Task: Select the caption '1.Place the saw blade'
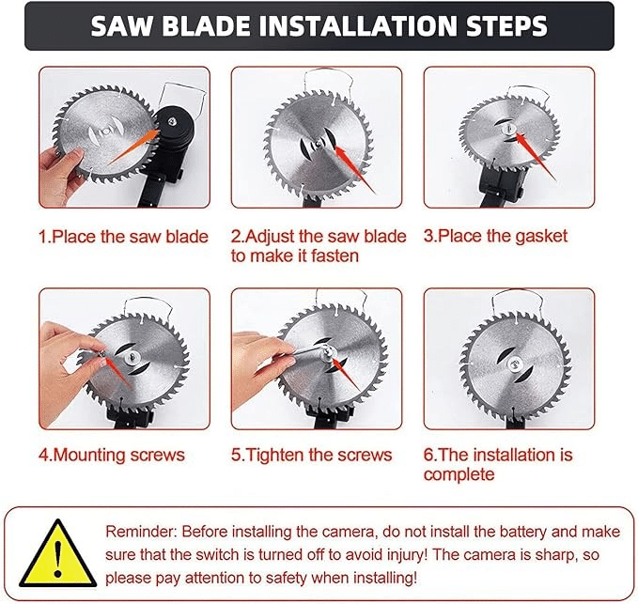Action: pos(123,237)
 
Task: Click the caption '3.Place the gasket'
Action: pos(495,236)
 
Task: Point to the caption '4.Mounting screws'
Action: pos(112,455)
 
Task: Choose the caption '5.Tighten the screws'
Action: pos(312,455)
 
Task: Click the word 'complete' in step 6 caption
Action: pos(459,474)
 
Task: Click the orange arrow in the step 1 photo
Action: pos(133,147)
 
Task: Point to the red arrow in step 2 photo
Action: pos(354,170)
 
